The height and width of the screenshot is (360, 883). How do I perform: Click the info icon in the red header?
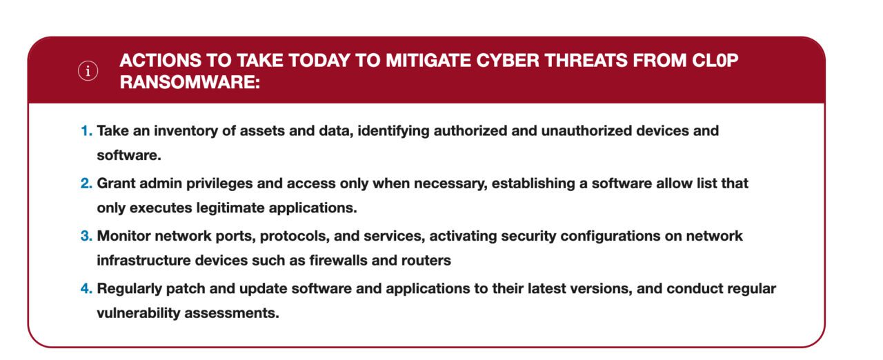pos(88,72)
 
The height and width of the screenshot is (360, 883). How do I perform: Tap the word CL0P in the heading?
pos(715,61)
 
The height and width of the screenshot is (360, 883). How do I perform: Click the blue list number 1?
pos(86,131)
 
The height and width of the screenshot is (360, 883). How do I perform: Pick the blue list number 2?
pos(86,184)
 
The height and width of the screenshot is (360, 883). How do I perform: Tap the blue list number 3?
pos(86,237)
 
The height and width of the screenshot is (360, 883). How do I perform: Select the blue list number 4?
pos(86,289)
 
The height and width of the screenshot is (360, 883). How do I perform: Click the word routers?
pos(428,261)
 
